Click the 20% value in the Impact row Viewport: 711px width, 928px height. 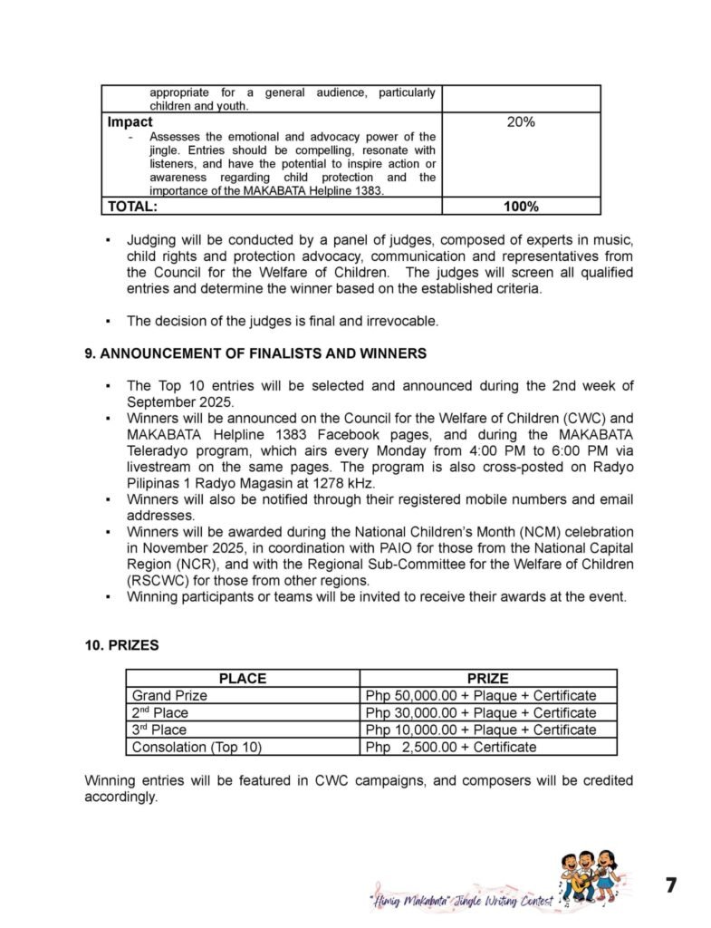pos(521,121)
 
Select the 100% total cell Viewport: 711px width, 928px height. pos(521,207)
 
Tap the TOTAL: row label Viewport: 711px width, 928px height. pos(133,207)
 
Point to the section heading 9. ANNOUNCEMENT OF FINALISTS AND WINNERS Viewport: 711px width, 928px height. pos(255,353)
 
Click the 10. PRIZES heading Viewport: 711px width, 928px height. pos(122,645)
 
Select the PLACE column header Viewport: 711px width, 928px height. pos(242,678)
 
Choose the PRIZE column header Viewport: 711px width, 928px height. pos(487,678)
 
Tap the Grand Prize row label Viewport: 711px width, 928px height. pos(169,695)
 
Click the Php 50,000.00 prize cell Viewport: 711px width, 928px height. pos(481,695)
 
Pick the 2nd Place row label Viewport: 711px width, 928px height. pos(160,712)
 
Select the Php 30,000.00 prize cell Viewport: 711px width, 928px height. pos(481,712)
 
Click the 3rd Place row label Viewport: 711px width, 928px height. pos(160,730)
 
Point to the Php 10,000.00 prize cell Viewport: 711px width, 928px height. pos(481,730)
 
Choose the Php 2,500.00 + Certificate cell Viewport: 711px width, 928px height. pos(451,747)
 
